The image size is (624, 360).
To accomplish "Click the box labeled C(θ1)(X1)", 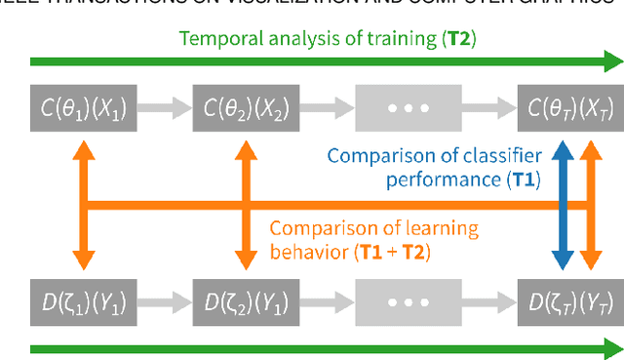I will click(73, 105).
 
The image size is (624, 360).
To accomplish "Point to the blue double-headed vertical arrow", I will click(562, 201).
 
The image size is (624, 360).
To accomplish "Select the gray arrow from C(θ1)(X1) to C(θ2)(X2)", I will click(158, 105).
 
